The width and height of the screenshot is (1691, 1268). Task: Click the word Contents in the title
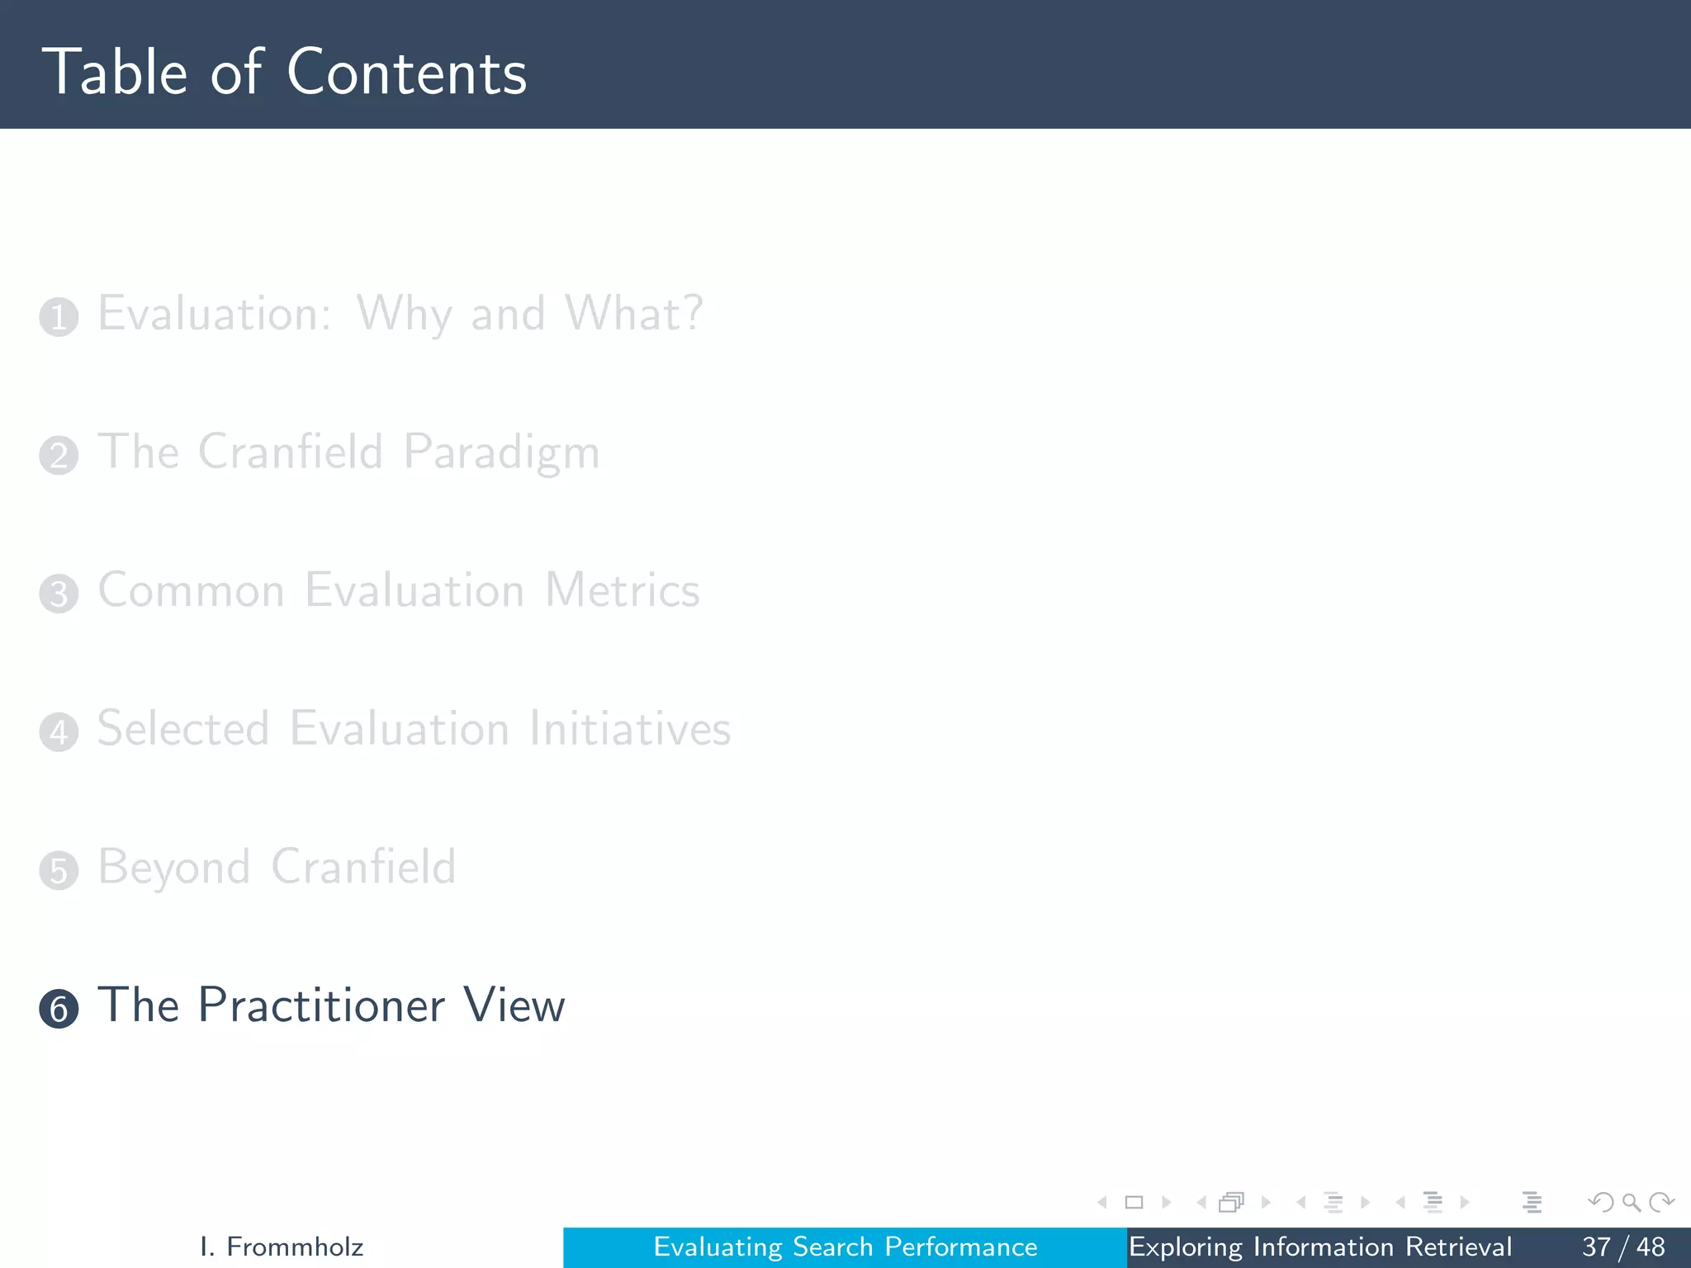(x=406, y=73)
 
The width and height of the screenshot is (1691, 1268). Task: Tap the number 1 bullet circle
(x=59, y=317)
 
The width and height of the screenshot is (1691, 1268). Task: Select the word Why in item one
(x=404, y=315)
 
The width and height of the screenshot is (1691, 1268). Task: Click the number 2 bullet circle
(x=59, y=456)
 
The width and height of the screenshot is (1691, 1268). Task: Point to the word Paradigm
(x=501, y=453)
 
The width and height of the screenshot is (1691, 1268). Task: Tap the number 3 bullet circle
(x=59, y=594)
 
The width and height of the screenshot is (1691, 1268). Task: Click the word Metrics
(x=622, y=591)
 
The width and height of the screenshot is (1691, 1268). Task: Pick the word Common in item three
(x=192, y=591)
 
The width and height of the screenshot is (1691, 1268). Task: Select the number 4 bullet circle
(x=59, y=732)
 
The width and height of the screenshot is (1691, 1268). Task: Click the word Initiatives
(x=629, y=729)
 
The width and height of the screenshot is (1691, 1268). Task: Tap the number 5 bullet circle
(x=59, y=870)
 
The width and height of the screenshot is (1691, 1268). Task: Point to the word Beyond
(x=174, y=868)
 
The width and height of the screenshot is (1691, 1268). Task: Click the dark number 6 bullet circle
(x=59, y=1009)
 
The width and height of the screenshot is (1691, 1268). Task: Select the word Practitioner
(x=321, y=1005)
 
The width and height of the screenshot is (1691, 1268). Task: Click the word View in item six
(x=514, y=1005)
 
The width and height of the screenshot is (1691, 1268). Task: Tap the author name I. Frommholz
(x=282, y=1247)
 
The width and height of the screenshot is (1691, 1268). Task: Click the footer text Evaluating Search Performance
(x=845, y=1247)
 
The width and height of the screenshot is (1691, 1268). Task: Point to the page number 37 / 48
(x=1622, y=1247)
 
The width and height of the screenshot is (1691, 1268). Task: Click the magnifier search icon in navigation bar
(x=1631, y=1203)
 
